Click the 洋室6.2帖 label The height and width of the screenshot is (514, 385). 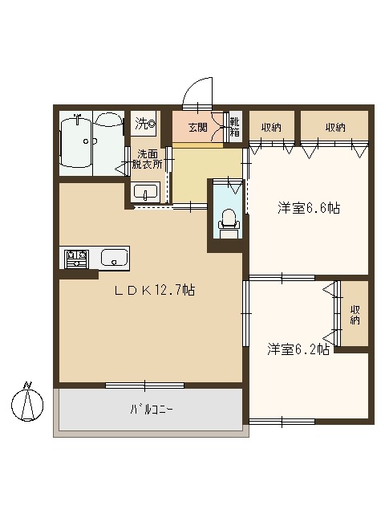[298, 349]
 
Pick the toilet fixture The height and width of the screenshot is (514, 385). [229, 220]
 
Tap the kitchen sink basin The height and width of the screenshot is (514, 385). [114, 258]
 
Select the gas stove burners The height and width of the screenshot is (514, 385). [76, 258]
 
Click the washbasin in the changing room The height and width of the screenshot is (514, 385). [145, 192]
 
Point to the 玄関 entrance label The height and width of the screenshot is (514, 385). [198, 126]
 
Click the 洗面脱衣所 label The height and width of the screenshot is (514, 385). [148, 159]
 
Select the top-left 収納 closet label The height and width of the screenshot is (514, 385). [270, 126]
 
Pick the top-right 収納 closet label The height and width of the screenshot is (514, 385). [335, 126]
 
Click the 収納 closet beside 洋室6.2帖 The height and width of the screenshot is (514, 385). [355, 316]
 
